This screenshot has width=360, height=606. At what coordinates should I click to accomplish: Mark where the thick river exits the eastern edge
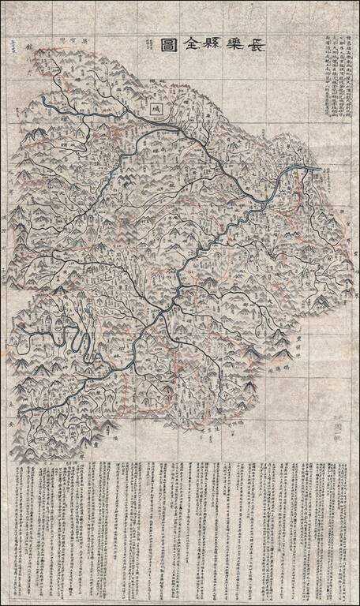(318, 169)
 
